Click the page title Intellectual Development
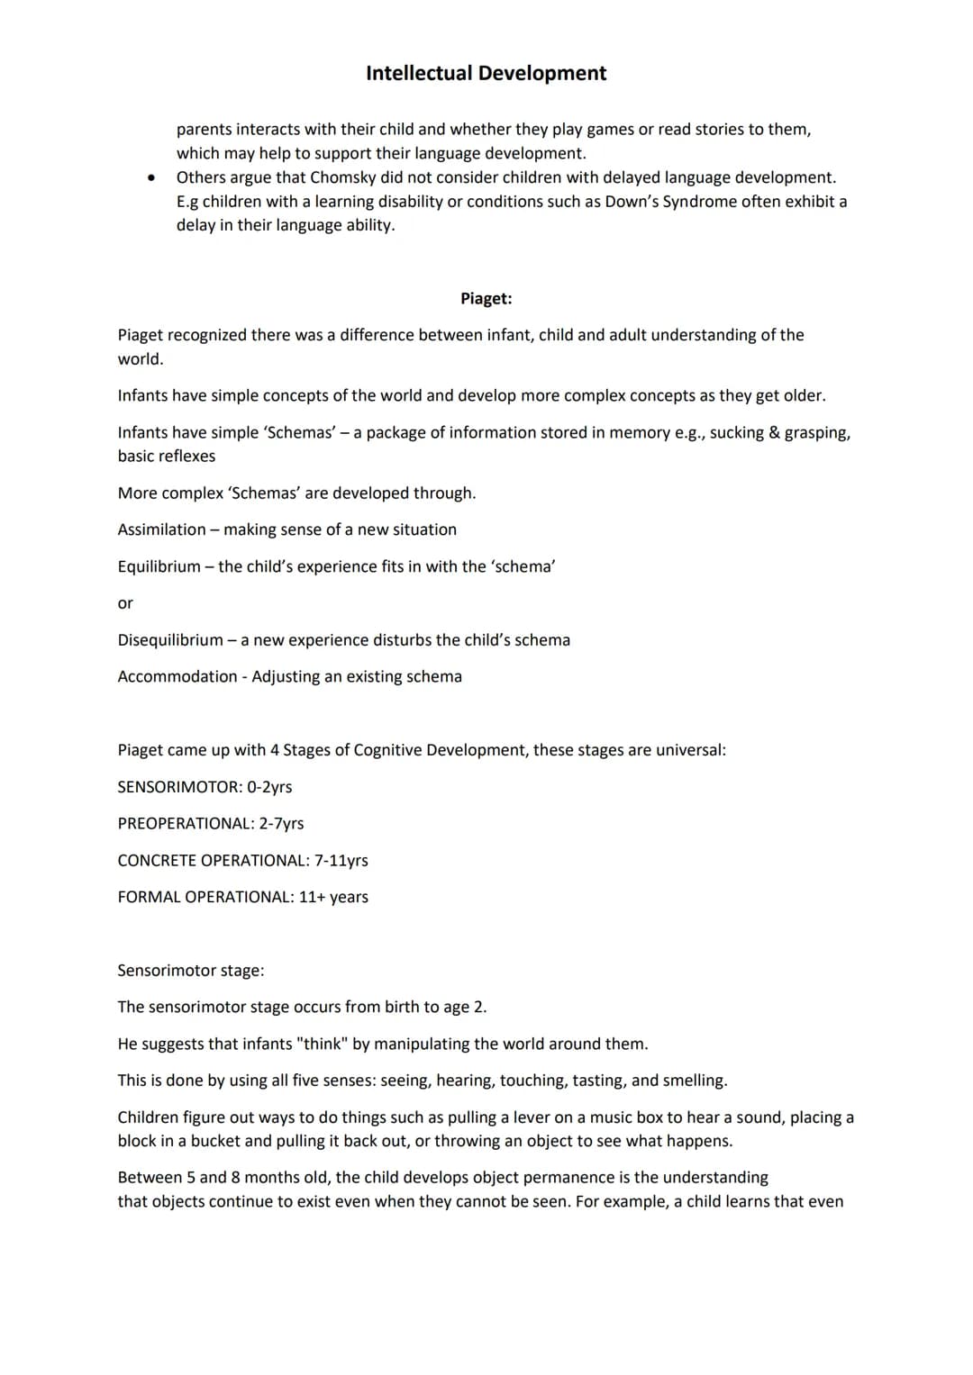coord(486,73)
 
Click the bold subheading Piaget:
coord(486,299)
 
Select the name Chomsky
coord(342,177)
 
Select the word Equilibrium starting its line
coord(159,566)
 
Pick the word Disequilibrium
coord(170,640)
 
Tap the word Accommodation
coord(177,677)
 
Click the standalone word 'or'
coord(125,603)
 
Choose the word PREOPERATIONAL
coord(186,824)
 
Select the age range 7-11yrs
coord(341,861)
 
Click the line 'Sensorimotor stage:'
coord(191,971)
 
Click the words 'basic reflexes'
coord(167,457)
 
